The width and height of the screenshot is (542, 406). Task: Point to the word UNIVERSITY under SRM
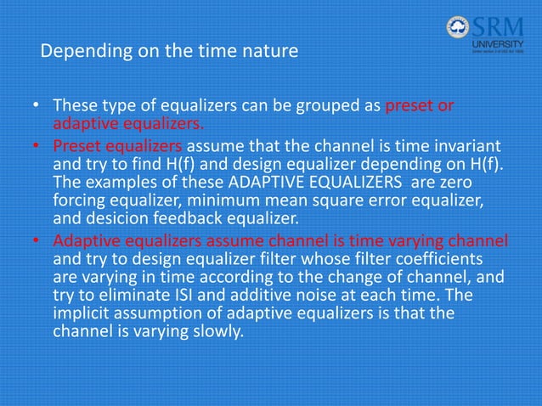point(497,43)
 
